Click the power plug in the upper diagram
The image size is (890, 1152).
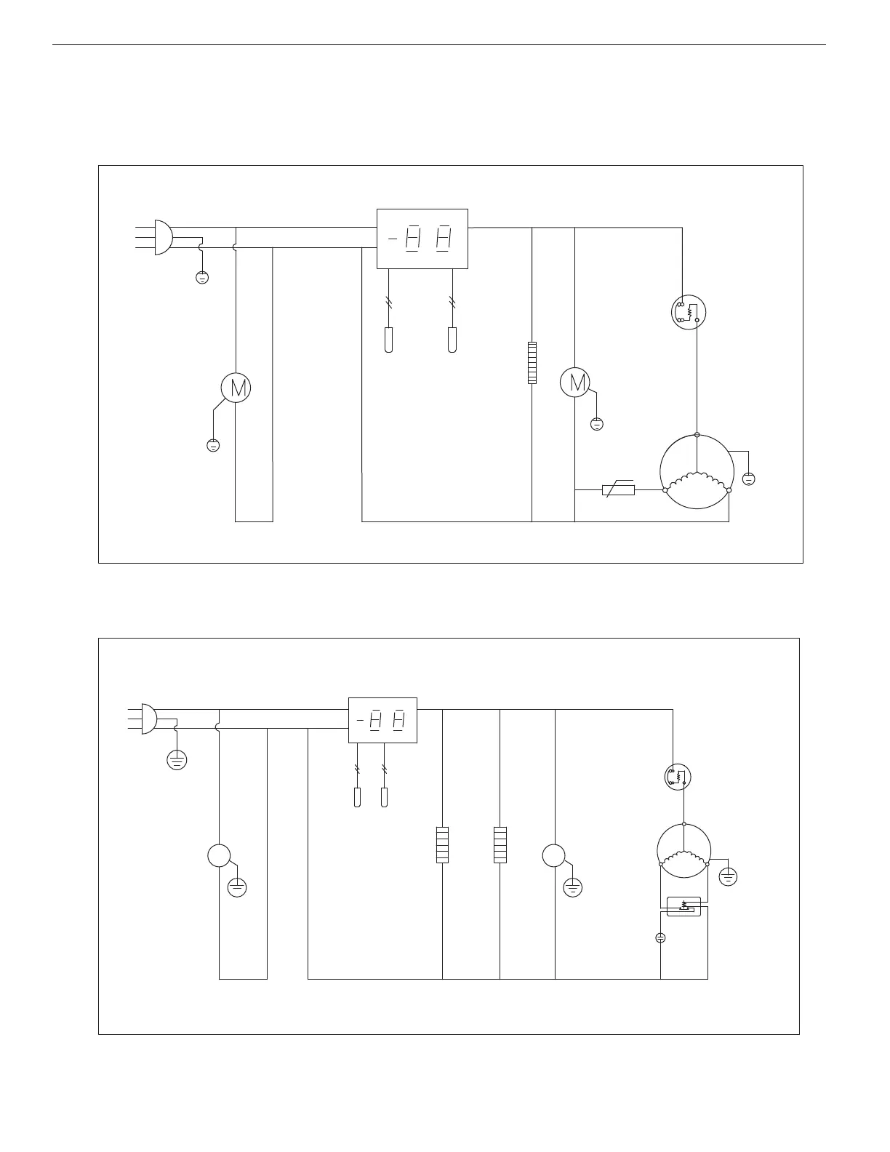point(163,238)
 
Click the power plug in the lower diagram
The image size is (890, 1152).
point(148,719)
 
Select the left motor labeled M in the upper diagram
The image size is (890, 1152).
point(236,388)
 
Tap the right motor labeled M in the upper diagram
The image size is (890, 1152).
point(575,383)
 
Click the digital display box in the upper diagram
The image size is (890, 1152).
point(422,239)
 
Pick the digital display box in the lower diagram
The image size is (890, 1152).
point(382,720)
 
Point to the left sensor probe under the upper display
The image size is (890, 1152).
point(388,340)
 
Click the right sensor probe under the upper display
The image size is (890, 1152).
point(452,340)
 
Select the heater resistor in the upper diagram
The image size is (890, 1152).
point(532,362)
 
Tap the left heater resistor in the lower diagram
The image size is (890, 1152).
point(442,845)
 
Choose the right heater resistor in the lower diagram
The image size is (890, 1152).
point(500,845)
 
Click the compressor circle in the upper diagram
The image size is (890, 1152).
point(697,472)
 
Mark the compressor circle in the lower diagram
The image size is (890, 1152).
point(684,852)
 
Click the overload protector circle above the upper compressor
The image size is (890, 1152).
point(689,312)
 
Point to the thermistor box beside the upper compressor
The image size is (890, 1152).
point(619,490)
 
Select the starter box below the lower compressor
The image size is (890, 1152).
point(684,906)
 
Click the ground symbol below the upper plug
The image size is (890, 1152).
point(203,277)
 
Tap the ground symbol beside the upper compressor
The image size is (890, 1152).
point(749,479)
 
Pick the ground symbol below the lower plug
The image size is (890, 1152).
point(177,760)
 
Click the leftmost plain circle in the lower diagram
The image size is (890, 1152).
point(219,856)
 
